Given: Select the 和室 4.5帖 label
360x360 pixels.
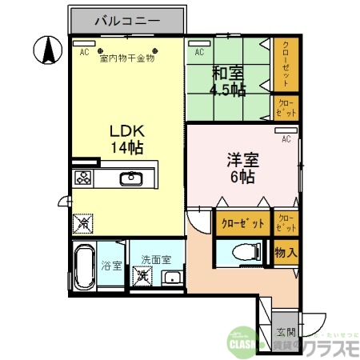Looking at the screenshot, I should click(x=227, y=81).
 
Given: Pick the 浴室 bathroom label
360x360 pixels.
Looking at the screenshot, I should click(x=111, y=266).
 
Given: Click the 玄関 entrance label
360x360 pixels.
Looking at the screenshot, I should click(x=286, y=332).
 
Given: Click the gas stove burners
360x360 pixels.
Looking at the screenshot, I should click(x=83, y=178).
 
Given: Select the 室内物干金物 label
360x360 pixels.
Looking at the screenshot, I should click(x=126, y=58).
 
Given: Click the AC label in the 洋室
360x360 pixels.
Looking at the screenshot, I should click(x=285, y=138).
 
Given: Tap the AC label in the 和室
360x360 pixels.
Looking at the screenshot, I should click(x=199, y=53).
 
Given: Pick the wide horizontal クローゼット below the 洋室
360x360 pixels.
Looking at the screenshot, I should click(x=242, y=223).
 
